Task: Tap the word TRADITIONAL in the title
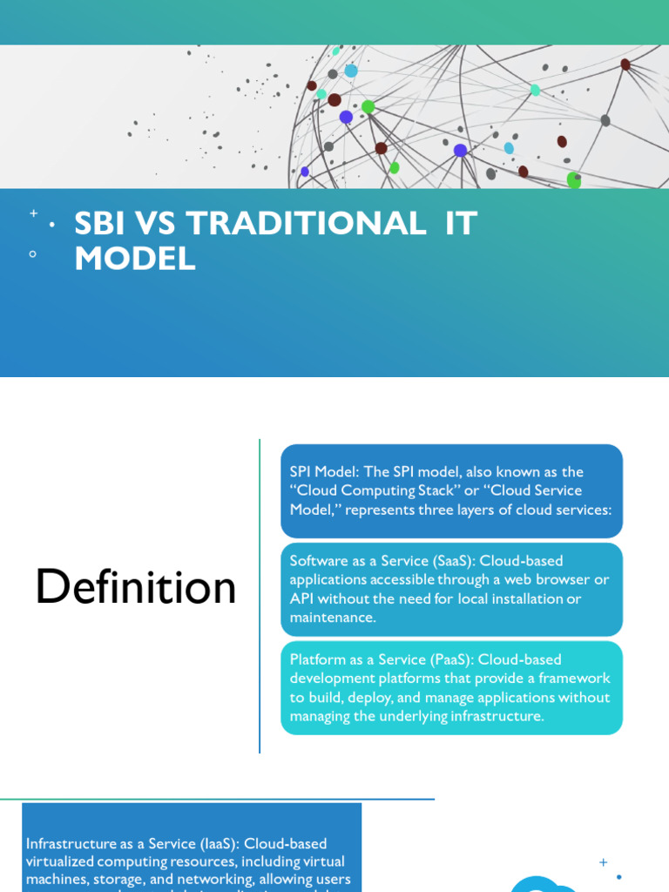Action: click(306, 224)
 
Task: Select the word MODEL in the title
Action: click(135, 258)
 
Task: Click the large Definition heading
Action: click(136, 587)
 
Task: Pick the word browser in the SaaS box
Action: click(568, 580)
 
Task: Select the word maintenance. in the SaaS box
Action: click(333, 618)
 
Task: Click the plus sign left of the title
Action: click(33, 213)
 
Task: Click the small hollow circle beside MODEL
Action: click(33, 254)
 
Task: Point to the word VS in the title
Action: click(157, 224)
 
